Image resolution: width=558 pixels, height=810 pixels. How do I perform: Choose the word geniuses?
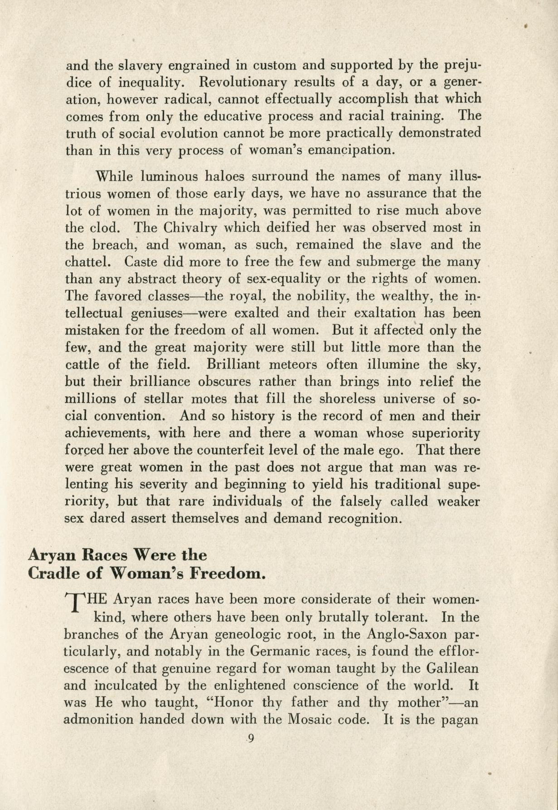156,314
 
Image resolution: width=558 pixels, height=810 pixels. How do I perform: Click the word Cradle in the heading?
53,574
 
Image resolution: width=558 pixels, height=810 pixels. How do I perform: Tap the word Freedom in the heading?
226,574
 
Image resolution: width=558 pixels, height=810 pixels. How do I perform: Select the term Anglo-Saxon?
407,634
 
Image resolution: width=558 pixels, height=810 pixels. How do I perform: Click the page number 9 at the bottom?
251,739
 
